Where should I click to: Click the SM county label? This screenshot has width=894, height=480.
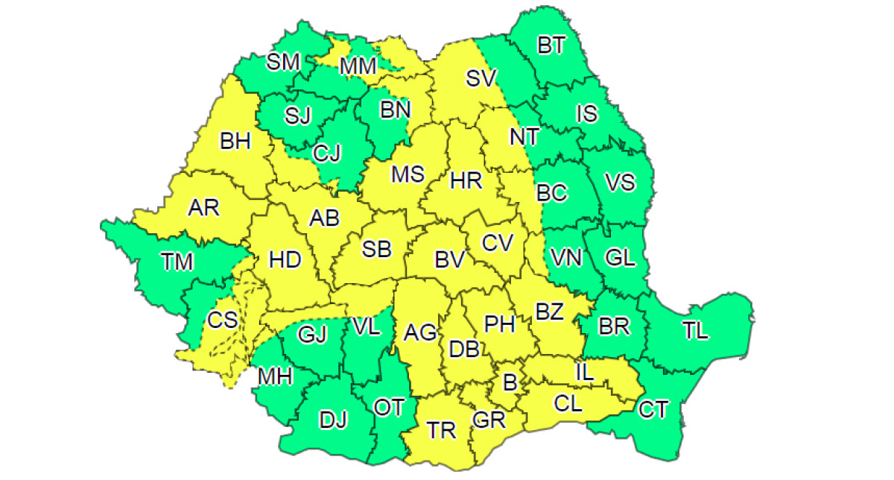(x=283, y=62)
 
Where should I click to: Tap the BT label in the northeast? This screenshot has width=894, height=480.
(x=551, y=46)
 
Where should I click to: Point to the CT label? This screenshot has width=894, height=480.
(x=653, y=409)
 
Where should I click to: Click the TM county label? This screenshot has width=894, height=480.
(x=177, y=262)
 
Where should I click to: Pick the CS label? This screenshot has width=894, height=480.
(x=222, y=320)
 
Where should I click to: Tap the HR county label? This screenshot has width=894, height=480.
(x=466, y=180)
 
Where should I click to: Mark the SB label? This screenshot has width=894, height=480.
(x=377, y=250)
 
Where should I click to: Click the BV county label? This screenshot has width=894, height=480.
(x=450, y=260)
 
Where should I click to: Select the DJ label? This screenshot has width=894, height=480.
(x=333, y=420)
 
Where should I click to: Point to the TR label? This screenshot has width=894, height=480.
(x=442, y=430)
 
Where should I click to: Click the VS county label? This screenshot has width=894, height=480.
(x=619, y=182)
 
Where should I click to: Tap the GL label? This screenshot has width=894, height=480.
(x=620, y=259)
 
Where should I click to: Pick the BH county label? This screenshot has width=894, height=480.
(x=235, y=141)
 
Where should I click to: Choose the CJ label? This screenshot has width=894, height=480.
(x=326, y=154)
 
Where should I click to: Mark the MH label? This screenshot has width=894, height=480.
(x=275, y=376)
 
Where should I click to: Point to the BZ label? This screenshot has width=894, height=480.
(x=549, y=312)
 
